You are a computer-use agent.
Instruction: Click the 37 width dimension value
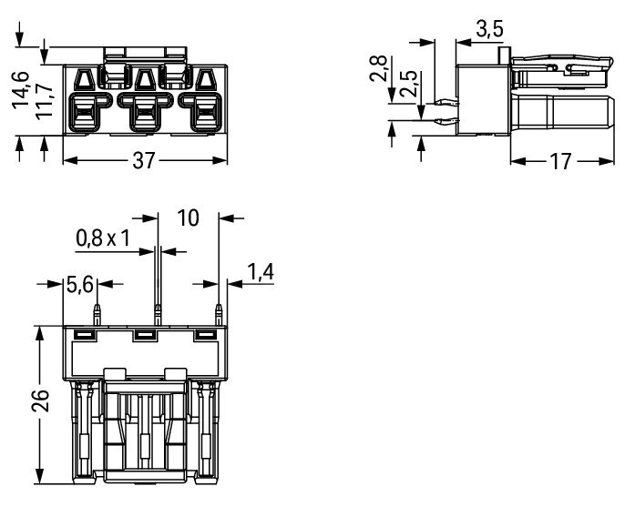144,160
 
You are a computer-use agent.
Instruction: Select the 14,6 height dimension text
21,90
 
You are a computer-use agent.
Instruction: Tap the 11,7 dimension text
45,101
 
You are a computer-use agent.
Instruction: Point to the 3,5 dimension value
489,29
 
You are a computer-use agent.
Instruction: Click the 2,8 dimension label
379,69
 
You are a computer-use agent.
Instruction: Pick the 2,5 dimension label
408,84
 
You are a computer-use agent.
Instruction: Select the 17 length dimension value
560,161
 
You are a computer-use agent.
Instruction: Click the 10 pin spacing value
189,218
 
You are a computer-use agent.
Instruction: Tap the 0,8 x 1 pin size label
103,238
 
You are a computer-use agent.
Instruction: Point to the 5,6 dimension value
80,284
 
